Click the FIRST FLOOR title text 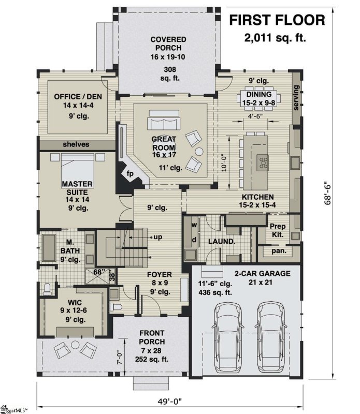tap(277, 20)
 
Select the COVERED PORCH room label tap(168, 44)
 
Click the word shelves tap(76, 144)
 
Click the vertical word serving tap(297, 98)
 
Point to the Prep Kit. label tap(277, 231)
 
